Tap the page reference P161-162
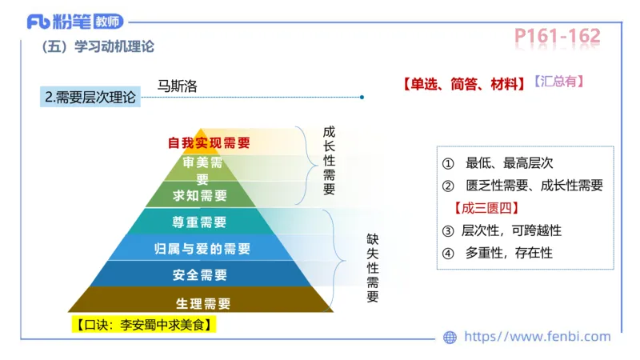click(x=557, y=36)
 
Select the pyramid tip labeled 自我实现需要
click(x=208, y=143)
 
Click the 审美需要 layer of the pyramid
click(x=202, y=169)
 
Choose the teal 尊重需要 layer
click(x=200, y=222)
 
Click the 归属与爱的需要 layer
click(x=201, y=248)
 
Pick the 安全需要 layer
click(x=200, y=274)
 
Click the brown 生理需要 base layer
click(x=202, y=302)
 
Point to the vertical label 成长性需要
click(x=329, y=160)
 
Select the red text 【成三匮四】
click(x=486, y=208)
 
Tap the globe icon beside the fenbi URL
click(x=450, y=338)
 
